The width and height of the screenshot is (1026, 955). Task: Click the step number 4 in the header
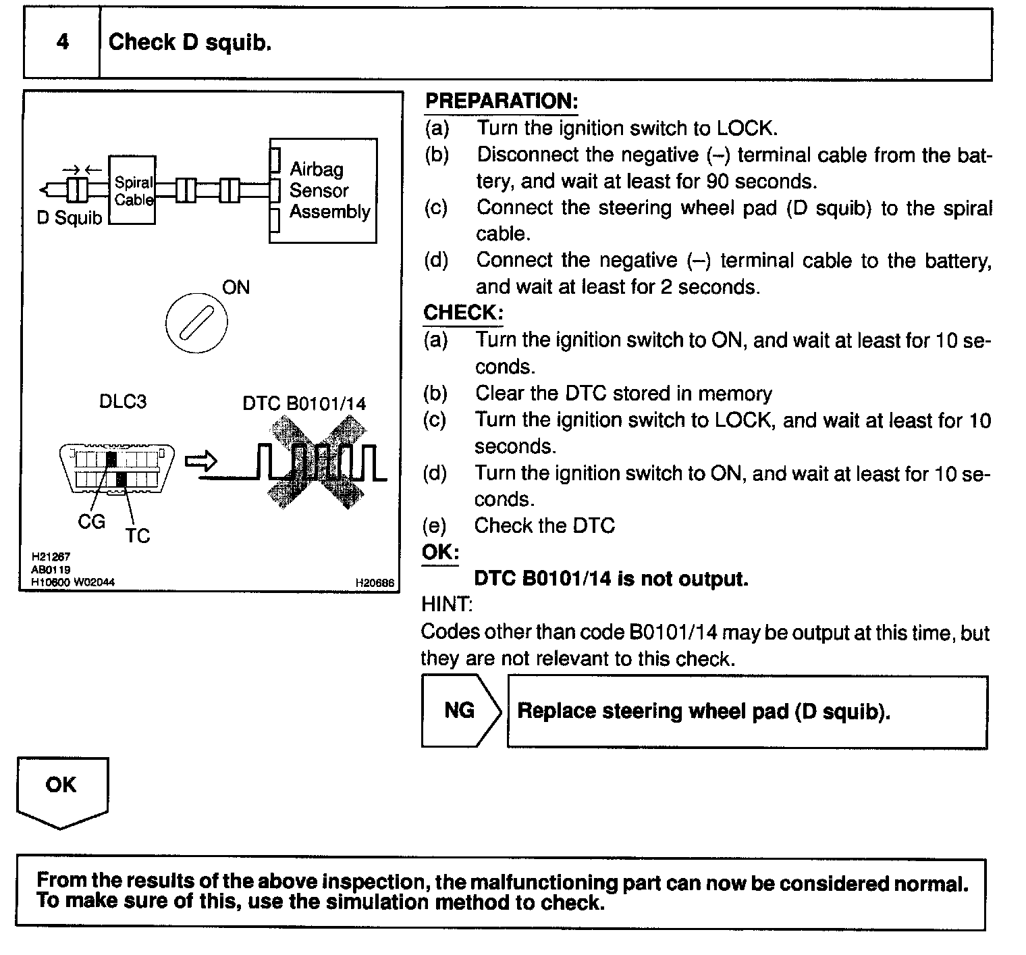coord(62,43)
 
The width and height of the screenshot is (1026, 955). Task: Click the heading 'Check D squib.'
coord(190,43)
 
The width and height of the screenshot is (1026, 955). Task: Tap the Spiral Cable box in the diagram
coord(133,190)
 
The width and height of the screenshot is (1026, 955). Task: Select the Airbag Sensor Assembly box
coord(324,190)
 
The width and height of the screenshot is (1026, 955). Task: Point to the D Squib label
coord(69,219)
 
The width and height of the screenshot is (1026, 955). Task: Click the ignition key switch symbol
coord(196,322)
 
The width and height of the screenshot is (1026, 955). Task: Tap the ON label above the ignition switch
coord(236,288)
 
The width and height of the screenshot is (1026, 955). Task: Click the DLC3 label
coord(123,402)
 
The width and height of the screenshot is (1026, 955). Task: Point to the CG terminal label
coord(92,522)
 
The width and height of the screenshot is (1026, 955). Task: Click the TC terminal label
coord(137,536)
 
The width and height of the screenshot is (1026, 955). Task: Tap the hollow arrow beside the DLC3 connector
coord(201,461)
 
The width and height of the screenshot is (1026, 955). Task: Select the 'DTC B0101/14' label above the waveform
coord(304,404)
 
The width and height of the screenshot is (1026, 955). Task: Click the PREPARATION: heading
coord(502,101)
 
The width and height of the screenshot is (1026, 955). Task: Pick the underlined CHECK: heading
coord(463,313)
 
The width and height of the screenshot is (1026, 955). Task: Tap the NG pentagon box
coord(460,711)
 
